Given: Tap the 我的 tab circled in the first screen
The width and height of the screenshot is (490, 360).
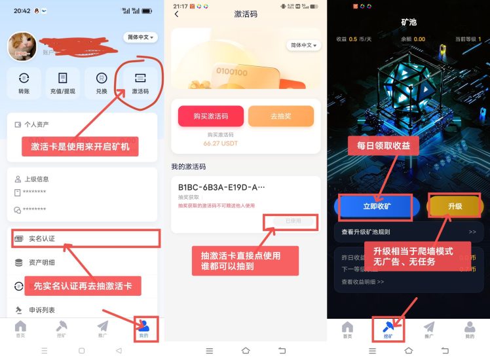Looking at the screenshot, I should (x=143, y=328).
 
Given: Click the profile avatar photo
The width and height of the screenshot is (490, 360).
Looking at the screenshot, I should (x=22, y=45).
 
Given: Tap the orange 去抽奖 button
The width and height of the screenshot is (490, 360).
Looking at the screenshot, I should (x=280, y=116).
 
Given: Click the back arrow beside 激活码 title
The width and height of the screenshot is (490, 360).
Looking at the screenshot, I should (x=176, y=14).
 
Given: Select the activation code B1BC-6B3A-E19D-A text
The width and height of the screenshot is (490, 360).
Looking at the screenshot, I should (x=221, y=187).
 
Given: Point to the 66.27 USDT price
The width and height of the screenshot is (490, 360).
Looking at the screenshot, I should (x=221, y=142).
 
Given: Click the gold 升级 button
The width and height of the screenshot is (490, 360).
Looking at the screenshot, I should (x=455, y=206).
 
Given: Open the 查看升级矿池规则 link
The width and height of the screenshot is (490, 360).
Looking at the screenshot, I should (x=366, y=232).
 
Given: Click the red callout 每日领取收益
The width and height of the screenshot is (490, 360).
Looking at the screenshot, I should (x=383, y=146).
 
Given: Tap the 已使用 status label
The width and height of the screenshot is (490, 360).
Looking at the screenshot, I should (x=293, y=221).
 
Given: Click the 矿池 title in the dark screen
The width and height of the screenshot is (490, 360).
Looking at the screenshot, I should (x=409, y=22).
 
